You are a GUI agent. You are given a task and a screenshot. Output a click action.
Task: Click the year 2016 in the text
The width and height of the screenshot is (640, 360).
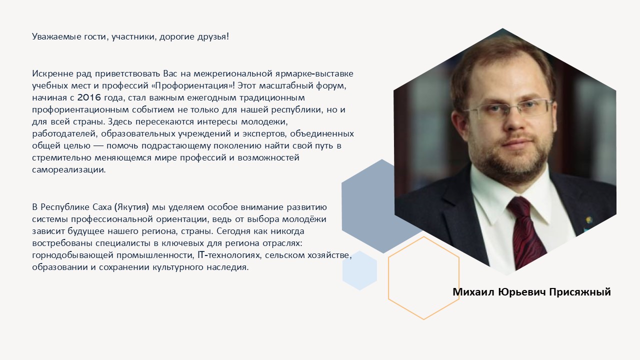pos(89,97)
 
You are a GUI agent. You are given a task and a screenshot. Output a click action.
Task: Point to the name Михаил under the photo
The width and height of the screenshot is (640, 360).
pos(473,292)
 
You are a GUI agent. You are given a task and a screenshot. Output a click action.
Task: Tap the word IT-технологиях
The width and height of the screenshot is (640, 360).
pos(229,255)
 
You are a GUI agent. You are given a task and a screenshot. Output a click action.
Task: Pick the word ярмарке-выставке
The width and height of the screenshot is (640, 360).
pos(314,73)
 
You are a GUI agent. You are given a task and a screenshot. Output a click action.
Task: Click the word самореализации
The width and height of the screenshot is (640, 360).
pos(69,169)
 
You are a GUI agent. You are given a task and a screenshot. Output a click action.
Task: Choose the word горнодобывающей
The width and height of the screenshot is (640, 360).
pos(72,255)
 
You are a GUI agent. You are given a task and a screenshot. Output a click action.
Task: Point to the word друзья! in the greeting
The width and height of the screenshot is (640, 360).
pos(213,36)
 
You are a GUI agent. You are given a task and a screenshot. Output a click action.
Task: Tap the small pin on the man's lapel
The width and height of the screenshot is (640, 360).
pos(588,220)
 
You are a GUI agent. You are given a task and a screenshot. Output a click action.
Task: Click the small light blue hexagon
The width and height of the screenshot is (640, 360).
pos(359,270)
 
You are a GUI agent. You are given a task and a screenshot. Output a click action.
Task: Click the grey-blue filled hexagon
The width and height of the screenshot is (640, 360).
pos(368,205)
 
